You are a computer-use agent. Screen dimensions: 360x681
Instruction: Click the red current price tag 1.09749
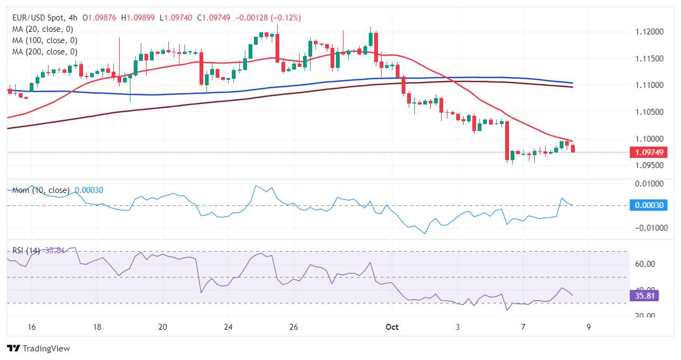click(x=648, y=153)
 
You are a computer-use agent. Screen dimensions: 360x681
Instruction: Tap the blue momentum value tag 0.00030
click(x=648, y=205)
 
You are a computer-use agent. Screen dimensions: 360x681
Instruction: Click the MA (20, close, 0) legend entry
click(x=43, y=29)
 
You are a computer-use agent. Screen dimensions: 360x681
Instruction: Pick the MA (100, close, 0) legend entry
click(x=45, y=40)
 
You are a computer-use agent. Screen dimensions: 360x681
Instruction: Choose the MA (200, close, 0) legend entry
click(x=45, y=52)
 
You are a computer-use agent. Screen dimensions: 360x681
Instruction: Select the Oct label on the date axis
click(x=392, y=327)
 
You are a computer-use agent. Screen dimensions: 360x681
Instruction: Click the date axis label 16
click(x=31, y=327)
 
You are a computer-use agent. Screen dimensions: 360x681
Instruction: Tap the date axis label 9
click(x=589, y=327)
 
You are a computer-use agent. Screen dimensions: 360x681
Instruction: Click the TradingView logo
click(x=38, y=348)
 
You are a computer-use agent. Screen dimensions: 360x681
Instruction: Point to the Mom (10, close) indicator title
click(x=41, y=190)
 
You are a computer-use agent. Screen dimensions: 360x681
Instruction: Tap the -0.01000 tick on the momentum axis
click(x=646, y=228)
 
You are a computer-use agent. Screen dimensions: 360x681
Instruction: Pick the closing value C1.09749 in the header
click(x=214, y=18)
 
